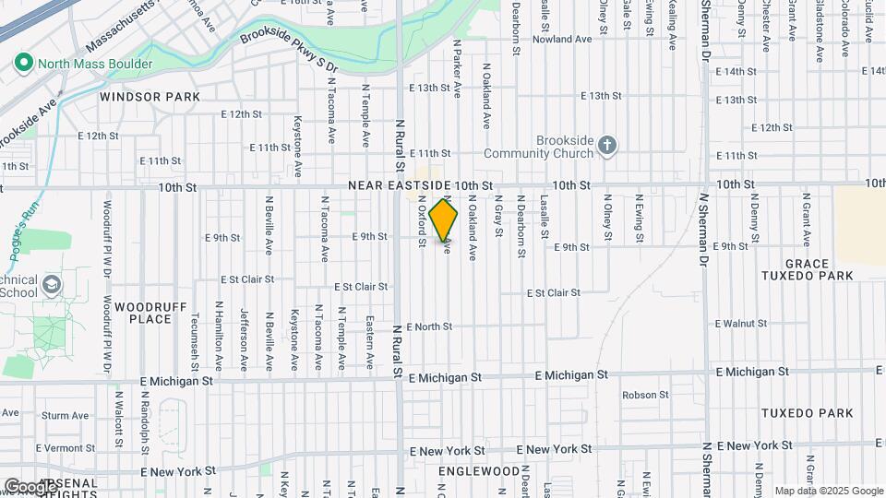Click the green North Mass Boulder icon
23,64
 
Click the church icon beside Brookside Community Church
606,145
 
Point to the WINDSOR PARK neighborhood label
150,97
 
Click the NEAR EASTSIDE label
400,186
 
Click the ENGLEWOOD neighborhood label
479,471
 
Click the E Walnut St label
741,324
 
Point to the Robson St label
645,395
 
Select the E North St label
426,326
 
